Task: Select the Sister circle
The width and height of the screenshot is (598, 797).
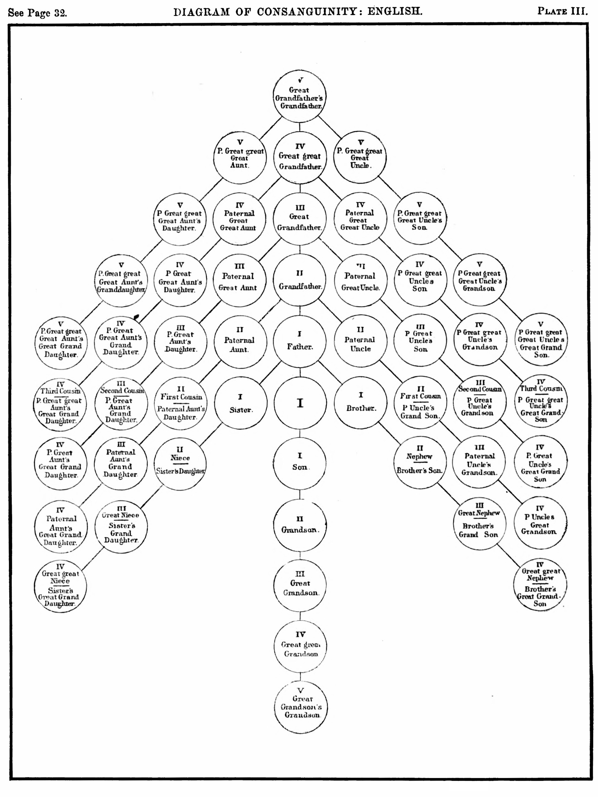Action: (x=241, y=403)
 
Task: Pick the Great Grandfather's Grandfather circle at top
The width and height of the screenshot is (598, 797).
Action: (x=299, y=96)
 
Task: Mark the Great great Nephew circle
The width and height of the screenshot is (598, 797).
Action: (x=540, y=584)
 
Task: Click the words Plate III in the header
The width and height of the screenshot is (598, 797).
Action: (x=562, y=11)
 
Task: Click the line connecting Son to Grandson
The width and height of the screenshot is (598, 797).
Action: (x=300, y=494)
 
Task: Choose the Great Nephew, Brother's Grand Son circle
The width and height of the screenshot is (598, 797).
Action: (x=479, y=524)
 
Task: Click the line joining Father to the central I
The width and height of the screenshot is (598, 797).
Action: (x=300, y=372)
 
